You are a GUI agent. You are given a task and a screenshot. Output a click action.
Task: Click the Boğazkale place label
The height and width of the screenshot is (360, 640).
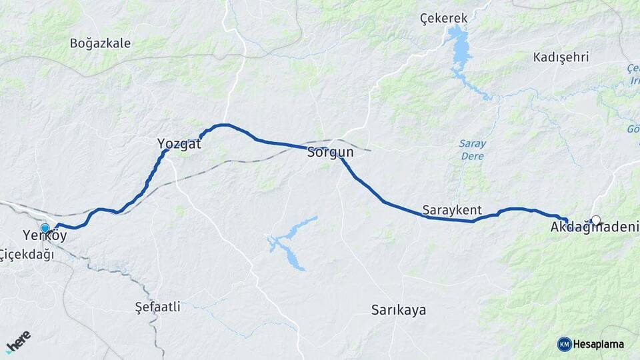tap(100, 43)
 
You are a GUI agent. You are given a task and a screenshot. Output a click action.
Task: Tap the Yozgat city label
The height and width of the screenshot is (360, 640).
tap(179, 143)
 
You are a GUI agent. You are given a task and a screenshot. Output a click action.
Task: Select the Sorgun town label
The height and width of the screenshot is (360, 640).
tap(330, 153)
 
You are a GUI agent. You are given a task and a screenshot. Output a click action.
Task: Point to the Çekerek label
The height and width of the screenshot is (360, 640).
tap(444, 19)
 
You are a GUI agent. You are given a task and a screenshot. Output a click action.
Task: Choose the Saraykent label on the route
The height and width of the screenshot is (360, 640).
tap(452, 210)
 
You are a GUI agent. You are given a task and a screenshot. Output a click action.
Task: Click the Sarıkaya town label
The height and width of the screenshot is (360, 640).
tap(398, 310)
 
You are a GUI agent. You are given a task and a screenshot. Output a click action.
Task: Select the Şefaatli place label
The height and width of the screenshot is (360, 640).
tap(157, 307)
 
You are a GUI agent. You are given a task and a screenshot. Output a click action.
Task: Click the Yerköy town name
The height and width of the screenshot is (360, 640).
tap(45, 236)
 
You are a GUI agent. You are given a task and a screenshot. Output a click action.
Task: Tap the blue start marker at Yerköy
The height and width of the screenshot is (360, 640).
tap(45, 228)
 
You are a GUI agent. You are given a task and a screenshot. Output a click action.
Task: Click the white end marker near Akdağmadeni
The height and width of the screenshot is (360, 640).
tap(596, 219)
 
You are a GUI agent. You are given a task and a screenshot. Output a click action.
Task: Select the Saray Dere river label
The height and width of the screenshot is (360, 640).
tap(473, 150)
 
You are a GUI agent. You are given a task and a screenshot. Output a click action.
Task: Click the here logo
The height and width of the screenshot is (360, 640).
tap(18, 341)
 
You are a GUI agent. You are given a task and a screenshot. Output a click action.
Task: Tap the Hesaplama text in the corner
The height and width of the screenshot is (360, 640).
tap(599, 344)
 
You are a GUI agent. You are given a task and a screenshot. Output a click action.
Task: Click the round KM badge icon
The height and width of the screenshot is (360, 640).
tap(564, 344)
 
